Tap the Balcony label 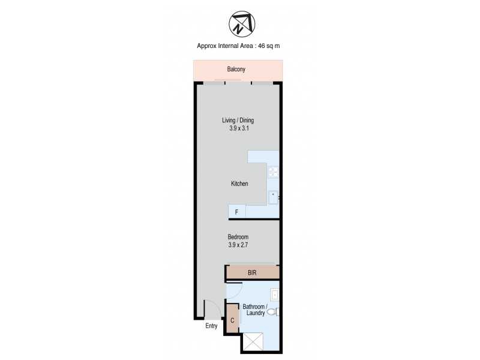point(236,70)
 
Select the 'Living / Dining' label point(238,120)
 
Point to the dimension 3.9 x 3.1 point(238,128)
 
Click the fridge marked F point(236,212)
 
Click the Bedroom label point(238,236)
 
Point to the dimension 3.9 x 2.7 point(238,244)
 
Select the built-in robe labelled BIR point(253,272)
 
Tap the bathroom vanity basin point(274,295)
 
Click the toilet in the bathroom point(272,312)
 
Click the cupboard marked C point(232,320)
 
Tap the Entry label point(211,326)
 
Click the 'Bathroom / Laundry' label point(253,310)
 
